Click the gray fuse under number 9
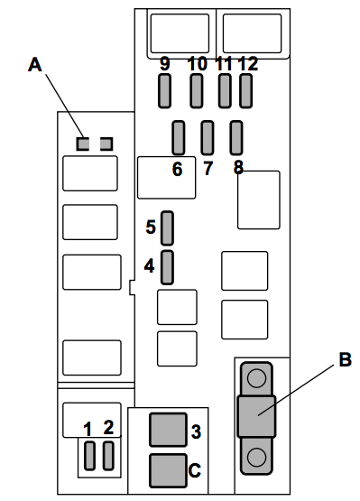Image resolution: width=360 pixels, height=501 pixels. tap(164, 91)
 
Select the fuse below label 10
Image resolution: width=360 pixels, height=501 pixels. tap(197, 91)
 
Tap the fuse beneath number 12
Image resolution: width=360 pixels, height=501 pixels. tap(245, 91)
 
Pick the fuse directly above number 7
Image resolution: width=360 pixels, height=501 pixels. tap(208, 138)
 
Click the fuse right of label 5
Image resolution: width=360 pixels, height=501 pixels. tap(167, 228)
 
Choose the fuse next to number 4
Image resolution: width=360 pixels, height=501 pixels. tap(167, 267)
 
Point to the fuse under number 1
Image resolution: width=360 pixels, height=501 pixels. tap(89, 456)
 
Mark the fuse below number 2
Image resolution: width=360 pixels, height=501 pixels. tap(108, 456)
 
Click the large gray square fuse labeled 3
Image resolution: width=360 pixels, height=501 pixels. tap(168, 430)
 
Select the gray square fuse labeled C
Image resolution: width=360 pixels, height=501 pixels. tap(168, 470)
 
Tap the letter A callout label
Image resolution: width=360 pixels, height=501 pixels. tap(35, 64)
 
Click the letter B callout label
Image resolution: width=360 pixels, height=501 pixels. tap(345, 359)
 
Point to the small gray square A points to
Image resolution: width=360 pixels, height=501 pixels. tap(82, 144)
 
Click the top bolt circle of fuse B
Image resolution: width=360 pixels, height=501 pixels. tap(256, 378)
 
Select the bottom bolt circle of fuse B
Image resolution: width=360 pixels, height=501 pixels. tap(256, 457)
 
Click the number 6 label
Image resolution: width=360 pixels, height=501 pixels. tap(177, 169)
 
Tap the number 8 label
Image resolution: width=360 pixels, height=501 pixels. tap(238, 167)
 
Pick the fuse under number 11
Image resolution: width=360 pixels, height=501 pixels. tap(225, 91)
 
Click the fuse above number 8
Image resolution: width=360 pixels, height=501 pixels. tap(236, 138)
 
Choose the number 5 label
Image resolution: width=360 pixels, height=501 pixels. tap(151, 227)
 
